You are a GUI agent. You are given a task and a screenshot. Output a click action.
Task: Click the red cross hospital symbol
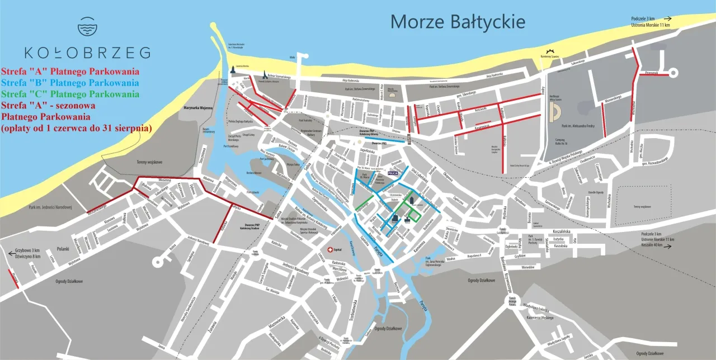point(331,249)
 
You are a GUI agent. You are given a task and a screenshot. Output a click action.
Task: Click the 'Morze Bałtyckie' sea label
point(458,22)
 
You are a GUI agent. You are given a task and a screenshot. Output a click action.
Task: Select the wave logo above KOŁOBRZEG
point(87,26)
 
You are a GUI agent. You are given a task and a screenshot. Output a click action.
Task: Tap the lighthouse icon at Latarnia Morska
point(232,70)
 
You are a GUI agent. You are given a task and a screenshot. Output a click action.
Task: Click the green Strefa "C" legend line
point(70,94)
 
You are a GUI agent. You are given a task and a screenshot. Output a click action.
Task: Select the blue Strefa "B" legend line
point(70,83)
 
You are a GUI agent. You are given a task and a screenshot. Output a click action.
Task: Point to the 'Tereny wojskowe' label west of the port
point(149,162)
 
